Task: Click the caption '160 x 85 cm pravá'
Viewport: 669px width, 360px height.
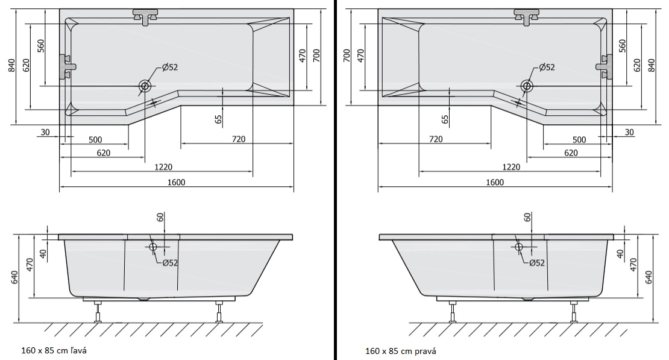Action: tap(400, 350)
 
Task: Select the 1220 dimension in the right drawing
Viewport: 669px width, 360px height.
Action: tap(510, 166)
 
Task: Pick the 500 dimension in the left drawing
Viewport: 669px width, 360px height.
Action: tap(95, 140)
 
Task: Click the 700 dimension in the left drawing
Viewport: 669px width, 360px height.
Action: tap(316, 54)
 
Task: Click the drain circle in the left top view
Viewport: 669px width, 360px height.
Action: tap(145, 86)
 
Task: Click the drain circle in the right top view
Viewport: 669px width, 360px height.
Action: tap(527, 86)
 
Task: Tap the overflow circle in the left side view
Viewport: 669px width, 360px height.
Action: tap(153, 247)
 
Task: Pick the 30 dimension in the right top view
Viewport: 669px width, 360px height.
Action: tap(629, 132)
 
